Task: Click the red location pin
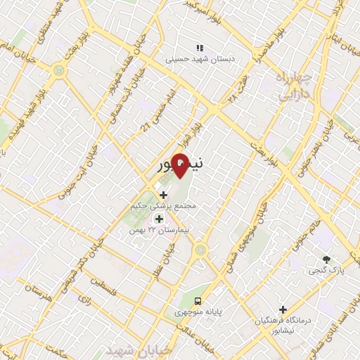pos(179,165)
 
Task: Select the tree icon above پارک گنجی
pos(326,259)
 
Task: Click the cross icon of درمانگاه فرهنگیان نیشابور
pos(283,309)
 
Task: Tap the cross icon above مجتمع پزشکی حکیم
pos(164,195)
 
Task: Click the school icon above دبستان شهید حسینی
pos(200,48)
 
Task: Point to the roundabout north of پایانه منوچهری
pos(201,248)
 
